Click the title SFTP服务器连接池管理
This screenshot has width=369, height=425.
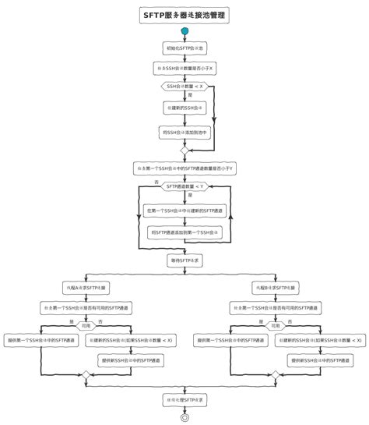[184, 14]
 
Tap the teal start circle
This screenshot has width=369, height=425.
[184, 32]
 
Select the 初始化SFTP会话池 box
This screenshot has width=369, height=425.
[184, 48]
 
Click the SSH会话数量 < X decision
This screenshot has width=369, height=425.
[184, 86]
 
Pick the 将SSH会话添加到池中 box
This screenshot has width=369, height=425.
[184, 131]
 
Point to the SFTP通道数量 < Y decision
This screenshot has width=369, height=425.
[184, 186]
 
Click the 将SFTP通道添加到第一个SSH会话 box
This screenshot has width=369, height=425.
[184, 232]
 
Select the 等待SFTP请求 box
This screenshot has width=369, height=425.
[184, 260]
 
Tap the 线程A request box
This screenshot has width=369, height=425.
[86, 288]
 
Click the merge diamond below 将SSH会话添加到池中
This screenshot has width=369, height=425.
[184, 150]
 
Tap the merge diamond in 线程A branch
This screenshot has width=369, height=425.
[86, 375]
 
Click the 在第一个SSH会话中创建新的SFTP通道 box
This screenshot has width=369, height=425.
[184, 211]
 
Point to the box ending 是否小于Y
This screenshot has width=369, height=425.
[184, 168]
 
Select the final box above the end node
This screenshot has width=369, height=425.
[184, 400]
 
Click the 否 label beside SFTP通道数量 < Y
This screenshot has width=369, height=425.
[156, 182]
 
